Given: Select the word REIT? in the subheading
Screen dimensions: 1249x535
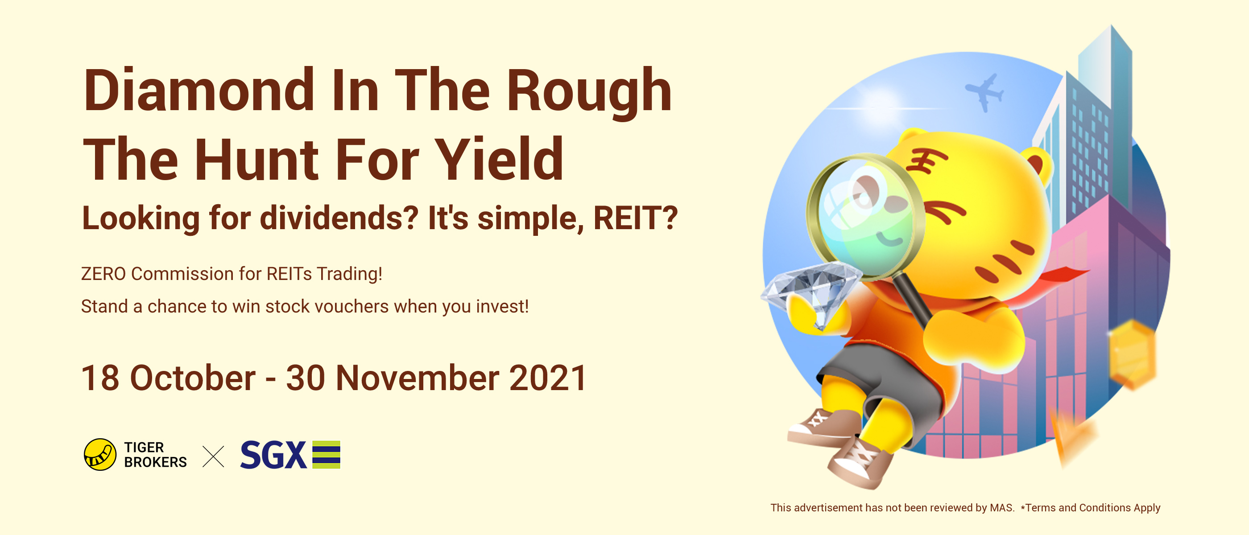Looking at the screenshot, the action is coord(635,218).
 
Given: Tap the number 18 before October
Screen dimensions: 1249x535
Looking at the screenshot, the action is coord(100,378).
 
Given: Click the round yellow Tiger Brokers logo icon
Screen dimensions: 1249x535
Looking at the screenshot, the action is coord(100,455).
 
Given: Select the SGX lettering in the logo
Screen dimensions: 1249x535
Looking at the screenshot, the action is coord(273,455).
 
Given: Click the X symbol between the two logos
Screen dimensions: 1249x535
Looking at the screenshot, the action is coord(213,456).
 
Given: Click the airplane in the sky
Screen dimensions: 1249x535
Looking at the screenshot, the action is coord(985,92).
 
